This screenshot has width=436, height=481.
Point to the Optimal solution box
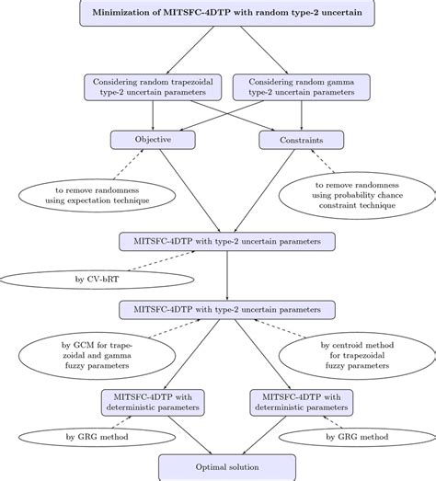217,467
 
